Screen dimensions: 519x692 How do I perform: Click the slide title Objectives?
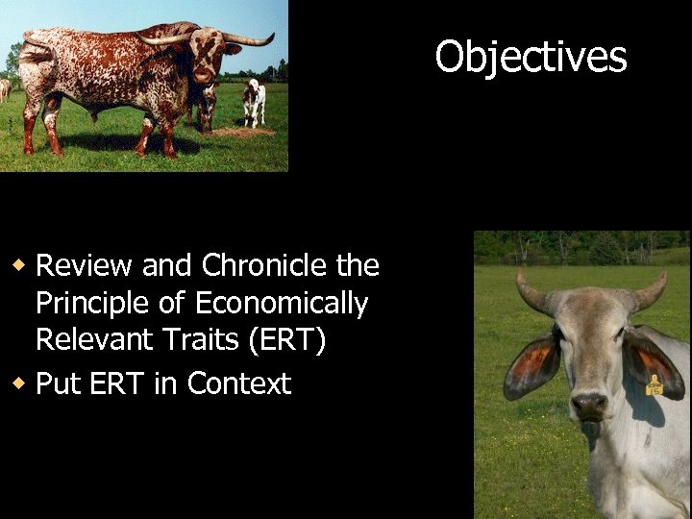point(531,57)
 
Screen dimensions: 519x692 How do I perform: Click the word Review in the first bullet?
point(85,265)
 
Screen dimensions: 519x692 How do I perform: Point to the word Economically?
point(281,305)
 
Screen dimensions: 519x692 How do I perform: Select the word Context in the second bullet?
point(238,383)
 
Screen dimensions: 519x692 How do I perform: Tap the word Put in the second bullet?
point(56,383)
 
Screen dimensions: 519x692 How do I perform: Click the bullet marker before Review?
point(18,264)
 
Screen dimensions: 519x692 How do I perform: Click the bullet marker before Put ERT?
point(18,383)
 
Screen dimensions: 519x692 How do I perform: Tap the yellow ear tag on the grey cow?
point(655,386)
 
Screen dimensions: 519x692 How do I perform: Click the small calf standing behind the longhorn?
point(253,101)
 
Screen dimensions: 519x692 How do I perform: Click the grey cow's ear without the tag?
point(531,364)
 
